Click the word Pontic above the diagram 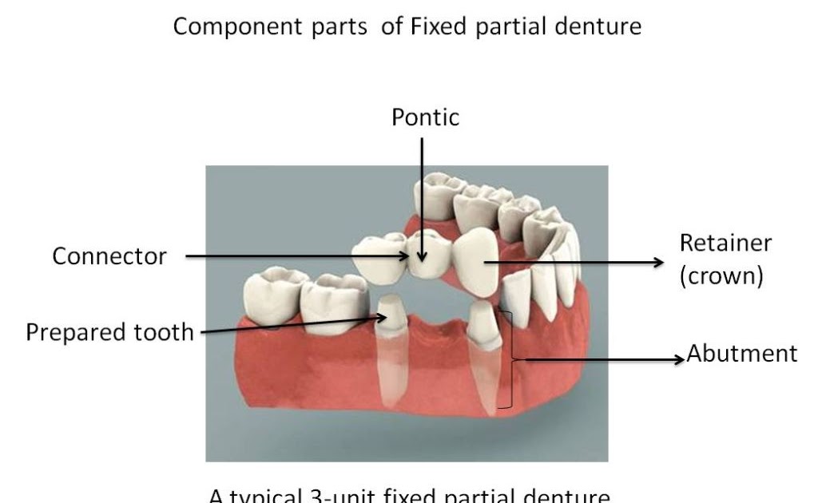(x=425, y=118)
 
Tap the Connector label (x=109, y=256)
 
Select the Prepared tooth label (x=109, y=331)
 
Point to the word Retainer (x=726, y=243)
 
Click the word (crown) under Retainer (x=722, y=276)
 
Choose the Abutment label (x=742, y=354)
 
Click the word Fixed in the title (x=438, y=26)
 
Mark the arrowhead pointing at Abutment (x=680, y=358)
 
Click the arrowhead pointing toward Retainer (x=658, y=262)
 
